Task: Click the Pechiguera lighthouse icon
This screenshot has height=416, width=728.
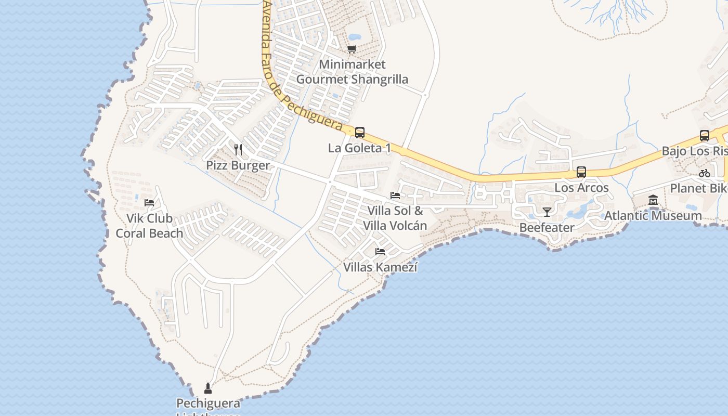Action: click(x=208, y=388)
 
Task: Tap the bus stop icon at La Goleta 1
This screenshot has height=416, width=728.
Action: click(x=359, y=133)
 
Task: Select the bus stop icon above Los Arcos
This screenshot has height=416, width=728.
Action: click(x=581, y=172)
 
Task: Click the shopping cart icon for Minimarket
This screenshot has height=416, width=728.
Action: click(x=352, y=49)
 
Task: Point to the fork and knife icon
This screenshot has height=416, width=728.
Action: click(x=238, y=150)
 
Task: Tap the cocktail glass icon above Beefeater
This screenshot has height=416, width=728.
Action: click(x=547, y=212)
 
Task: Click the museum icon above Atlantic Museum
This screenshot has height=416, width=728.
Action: click(x=653, y=200)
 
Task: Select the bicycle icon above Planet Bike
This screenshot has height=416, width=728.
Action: click(x=705, y=173)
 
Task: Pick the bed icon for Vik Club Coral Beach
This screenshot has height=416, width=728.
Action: click(x=149, y=203)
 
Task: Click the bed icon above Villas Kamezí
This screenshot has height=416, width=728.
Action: click(x=380, y=252)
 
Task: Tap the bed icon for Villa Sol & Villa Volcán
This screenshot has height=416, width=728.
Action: click(x=395, y=196)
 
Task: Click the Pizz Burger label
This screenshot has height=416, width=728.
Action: click(x=238, y=165)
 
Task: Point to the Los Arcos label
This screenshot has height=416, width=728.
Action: click(x=581, y=188)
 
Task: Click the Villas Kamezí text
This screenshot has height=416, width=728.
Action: click(x=380, y=267)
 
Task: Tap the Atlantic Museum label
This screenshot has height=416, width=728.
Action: click(x=653, y=215)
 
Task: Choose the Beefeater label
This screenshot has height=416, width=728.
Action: click(x=547, y=227)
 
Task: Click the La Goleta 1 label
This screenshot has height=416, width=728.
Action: click(x=359, y=148)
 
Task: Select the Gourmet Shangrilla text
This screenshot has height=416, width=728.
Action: click(x=352, y=80)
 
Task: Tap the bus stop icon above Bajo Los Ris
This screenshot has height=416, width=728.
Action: click(x=705, y=136)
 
